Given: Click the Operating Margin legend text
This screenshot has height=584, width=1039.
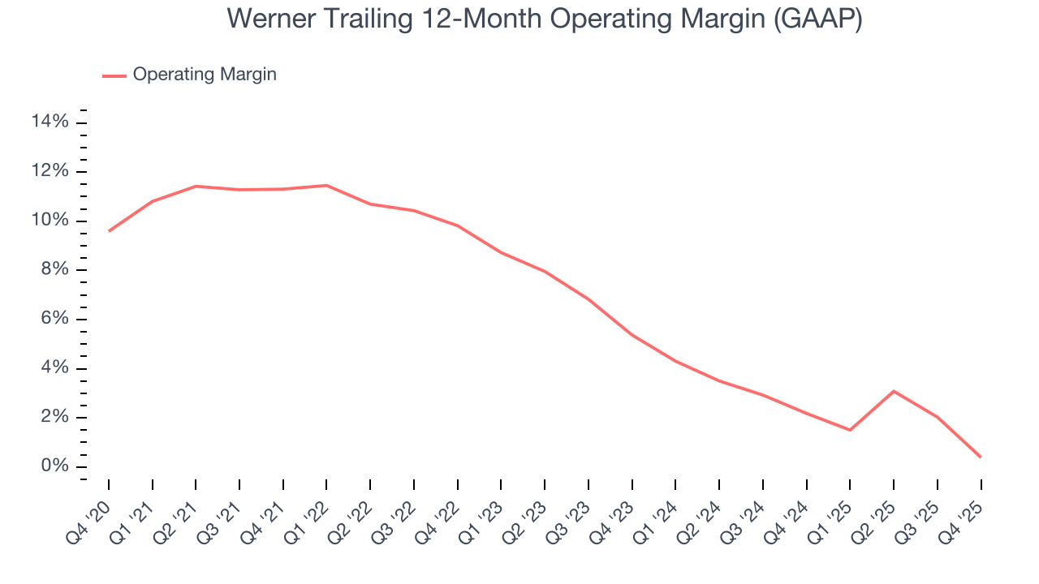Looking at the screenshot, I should coord(205,75).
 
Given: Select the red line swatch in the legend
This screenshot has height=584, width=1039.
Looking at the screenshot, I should coord(114,75).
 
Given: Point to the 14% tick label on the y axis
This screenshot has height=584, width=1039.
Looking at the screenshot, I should coord(50,122).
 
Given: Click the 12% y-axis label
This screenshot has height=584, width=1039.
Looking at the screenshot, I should coord(50,172).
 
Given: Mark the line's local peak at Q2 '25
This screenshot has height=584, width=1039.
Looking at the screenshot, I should coord(894,391).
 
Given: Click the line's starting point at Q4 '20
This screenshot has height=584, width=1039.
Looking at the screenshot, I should coord(109,231).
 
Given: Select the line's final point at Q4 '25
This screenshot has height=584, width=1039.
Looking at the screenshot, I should coord(981,457).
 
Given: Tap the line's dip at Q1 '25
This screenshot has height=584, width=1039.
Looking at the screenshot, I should coord(850,430).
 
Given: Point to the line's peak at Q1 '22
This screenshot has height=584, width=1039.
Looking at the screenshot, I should coord(326,185).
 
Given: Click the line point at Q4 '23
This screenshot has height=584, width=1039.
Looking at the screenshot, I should coord(632,334).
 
